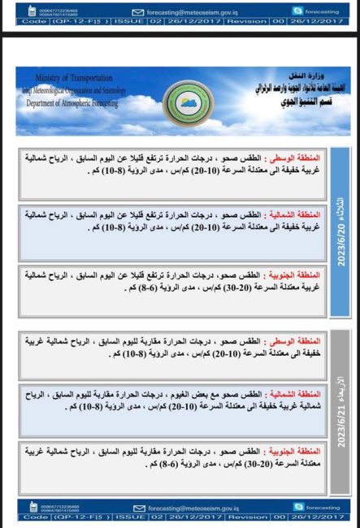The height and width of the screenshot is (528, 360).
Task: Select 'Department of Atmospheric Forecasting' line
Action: pos(72,104)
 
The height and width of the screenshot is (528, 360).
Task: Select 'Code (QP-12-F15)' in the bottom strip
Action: pos(63,517)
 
